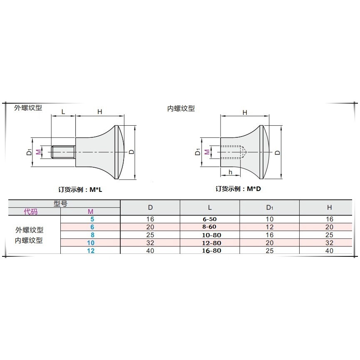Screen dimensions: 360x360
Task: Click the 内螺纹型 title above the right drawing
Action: [181, 108]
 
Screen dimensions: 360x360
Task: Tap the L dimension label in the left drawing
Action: [63, 112]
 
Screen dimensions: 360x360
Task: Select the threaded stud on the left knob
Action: [63, 152]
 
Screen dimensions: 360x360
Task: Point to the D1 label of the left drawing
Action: [29, 152]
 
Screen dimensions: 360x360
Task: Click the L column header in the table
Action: [210, 207]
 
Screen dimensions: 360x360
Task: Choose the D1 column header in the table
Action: [270, 207]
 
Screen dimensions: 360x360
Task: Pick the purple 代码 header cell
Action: [30, 212]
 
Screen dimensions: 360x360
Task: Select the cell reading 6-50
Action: [210, 219]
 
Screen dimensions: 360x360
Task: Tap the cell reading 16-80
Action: [210, 251]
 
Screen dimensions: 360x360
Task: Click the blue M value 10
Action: [91, 243]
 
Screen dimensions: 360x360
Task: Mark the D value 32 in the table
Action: [150, 243]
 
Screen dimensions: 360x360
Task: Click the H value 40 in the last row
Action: [329, 251]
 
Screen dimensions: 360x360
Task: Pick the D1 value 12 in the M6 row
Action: [270, 227]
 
